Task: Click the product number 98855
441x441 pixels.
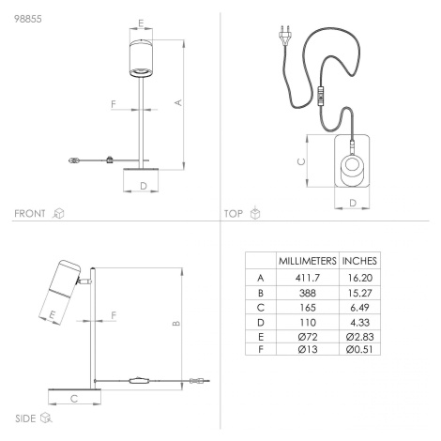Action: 28,19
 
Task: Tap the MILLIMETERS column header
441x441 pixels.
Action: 308,261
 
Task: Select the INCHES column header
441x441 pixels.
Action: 359,261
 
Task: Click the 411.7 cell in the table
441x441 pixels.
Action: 308,278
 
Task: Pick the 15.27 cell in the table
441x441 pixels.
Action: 359,293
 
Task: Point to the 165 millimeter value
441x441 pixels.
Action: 308,308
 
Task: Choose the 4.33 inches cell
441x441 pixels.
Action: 359,322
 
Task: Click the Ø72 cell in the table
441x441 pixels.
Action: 308,337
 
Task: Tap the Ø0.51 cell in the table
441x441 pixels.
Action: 359,349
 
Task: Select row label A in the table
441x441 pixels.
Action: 261,278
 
